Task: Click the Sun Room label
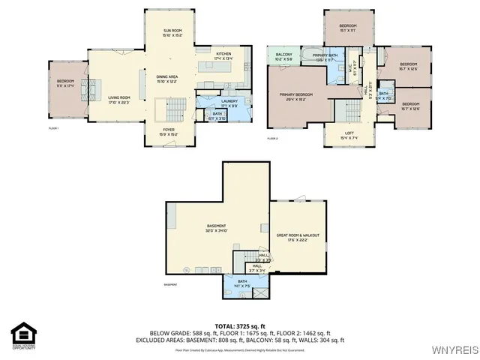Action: [172, 32]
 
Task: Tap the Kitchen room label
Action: [223, 55]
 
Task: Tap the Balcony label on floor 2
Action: [283, 56]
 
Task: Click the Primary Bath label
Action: [325, 58]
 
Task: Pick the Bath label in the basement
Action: [239, 283]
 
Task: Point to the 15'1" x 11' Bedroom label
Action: [346, 28]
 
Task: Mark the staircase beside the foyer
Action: [174, 112]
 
